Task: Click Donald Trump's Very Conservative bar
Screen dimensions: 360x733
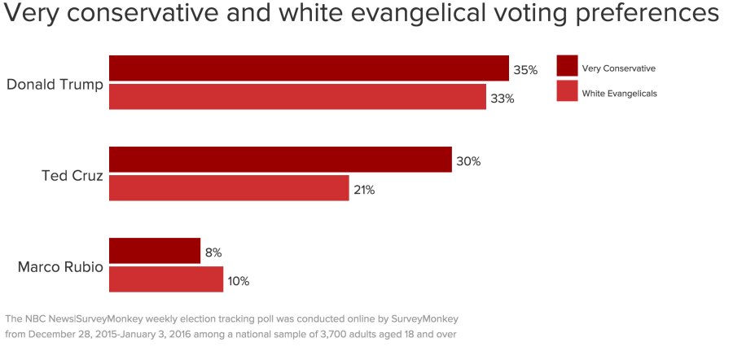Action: (x=309, y=68)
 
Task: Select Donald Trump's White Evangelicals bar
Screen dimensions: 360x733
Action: (x=297, y=97)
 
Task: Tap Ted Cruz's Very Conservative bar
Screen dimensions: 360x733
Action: (x=280, y=160)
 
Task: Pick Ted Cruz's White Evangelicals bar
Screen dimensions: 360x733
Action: (x=229, y=188)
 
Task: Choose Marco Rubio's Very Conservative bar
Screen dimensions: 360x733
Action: (x=155, y=251)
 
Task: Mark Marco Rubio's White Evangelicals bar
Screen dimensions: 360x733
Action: (x=166, y=279)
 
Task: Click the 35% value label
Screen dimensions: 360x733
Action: (x=525, y=70)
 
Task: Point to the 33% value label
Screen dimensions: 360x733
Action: (x=503, y=99)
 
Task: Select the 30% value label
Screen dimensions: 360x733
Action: (x=468, y=161)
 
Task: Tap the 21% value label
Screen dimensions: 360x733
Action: (x=364, y=190)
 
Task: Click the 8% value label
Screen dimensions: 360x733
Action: (x=213, y=252)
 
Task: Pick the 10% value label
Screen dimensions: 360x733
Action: (x=239, y=281)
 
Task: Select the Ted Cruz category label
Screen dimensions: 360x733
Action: (x=72, y=174)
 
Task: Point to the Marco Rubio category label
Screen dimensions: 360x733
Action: (x=60, y=266)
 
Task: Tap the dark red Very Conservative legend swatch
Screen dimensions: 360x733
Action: (x=567, y=66)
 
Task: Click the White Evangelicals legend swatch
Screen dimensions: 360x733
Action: (x=567, y=91)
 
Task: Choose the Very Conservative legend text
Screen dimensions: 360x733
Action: (x=618, y=68)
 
